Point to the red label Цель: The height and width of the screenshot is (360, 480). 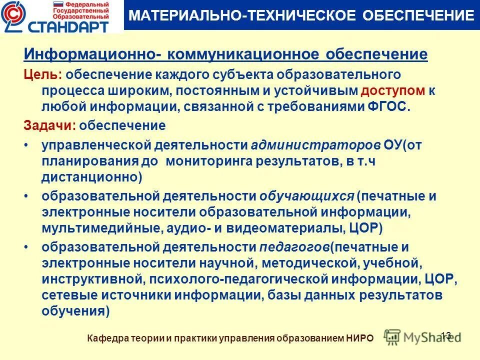(43, 74)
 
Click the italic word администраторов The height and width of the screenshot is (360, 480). (315, 145)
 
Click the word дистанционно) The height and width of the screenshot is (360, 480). (92, 177)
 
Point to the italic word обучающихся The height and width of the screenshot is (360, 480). (306, 196)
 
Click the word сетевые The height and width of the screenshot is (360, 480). (66, 295)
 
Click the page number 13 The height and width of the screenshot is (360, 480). (446, 334)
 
